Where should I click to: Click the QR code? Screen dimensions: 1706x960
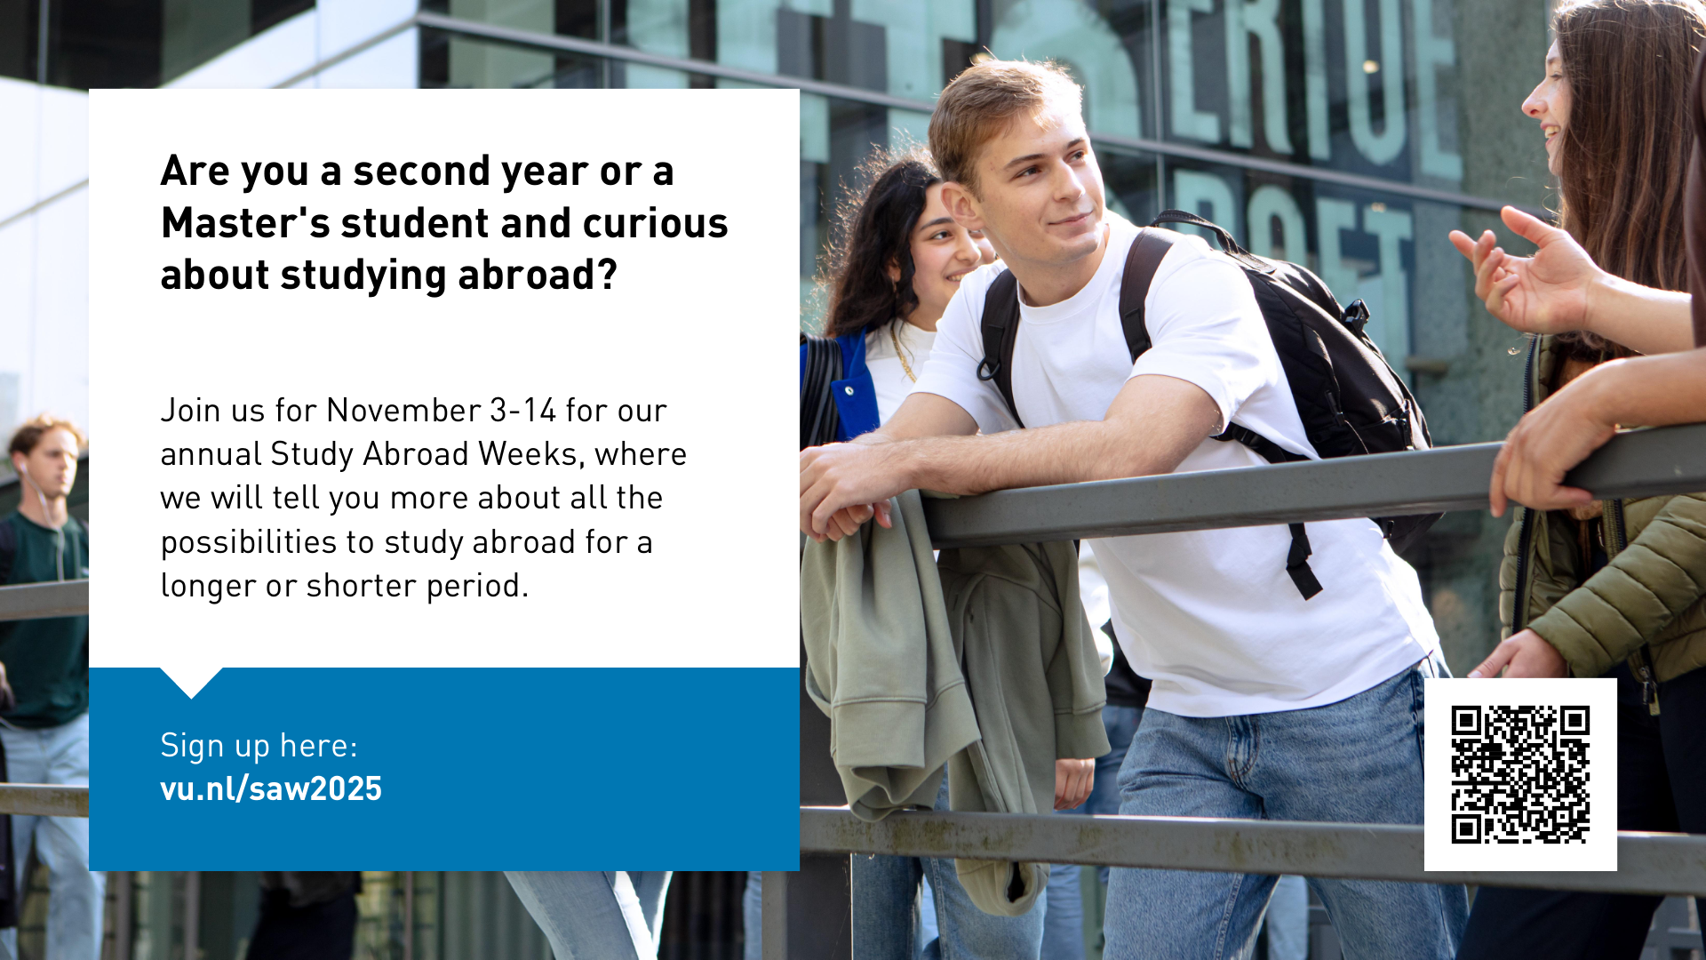click(x=1520, y=774)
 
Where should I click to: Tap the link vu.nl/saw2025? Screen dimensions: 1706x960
click(x=271, y=788)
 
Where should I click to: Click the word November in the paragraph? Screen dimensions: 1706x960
click(x=404, y=411)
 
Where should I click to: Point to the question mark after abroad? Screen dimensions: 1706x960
click(x=608, y=275)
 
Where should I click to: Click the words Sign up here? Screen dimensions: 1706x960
click(x=259, y=746)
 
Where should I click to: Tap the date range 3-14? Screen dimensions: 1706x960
click(x=523, y=411)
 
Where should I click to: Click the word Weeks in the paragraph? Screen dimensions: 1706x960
click(x=531, y=454)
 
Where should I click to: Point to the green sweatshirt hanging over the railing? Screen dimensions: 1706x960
click(x=955, y=676)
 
